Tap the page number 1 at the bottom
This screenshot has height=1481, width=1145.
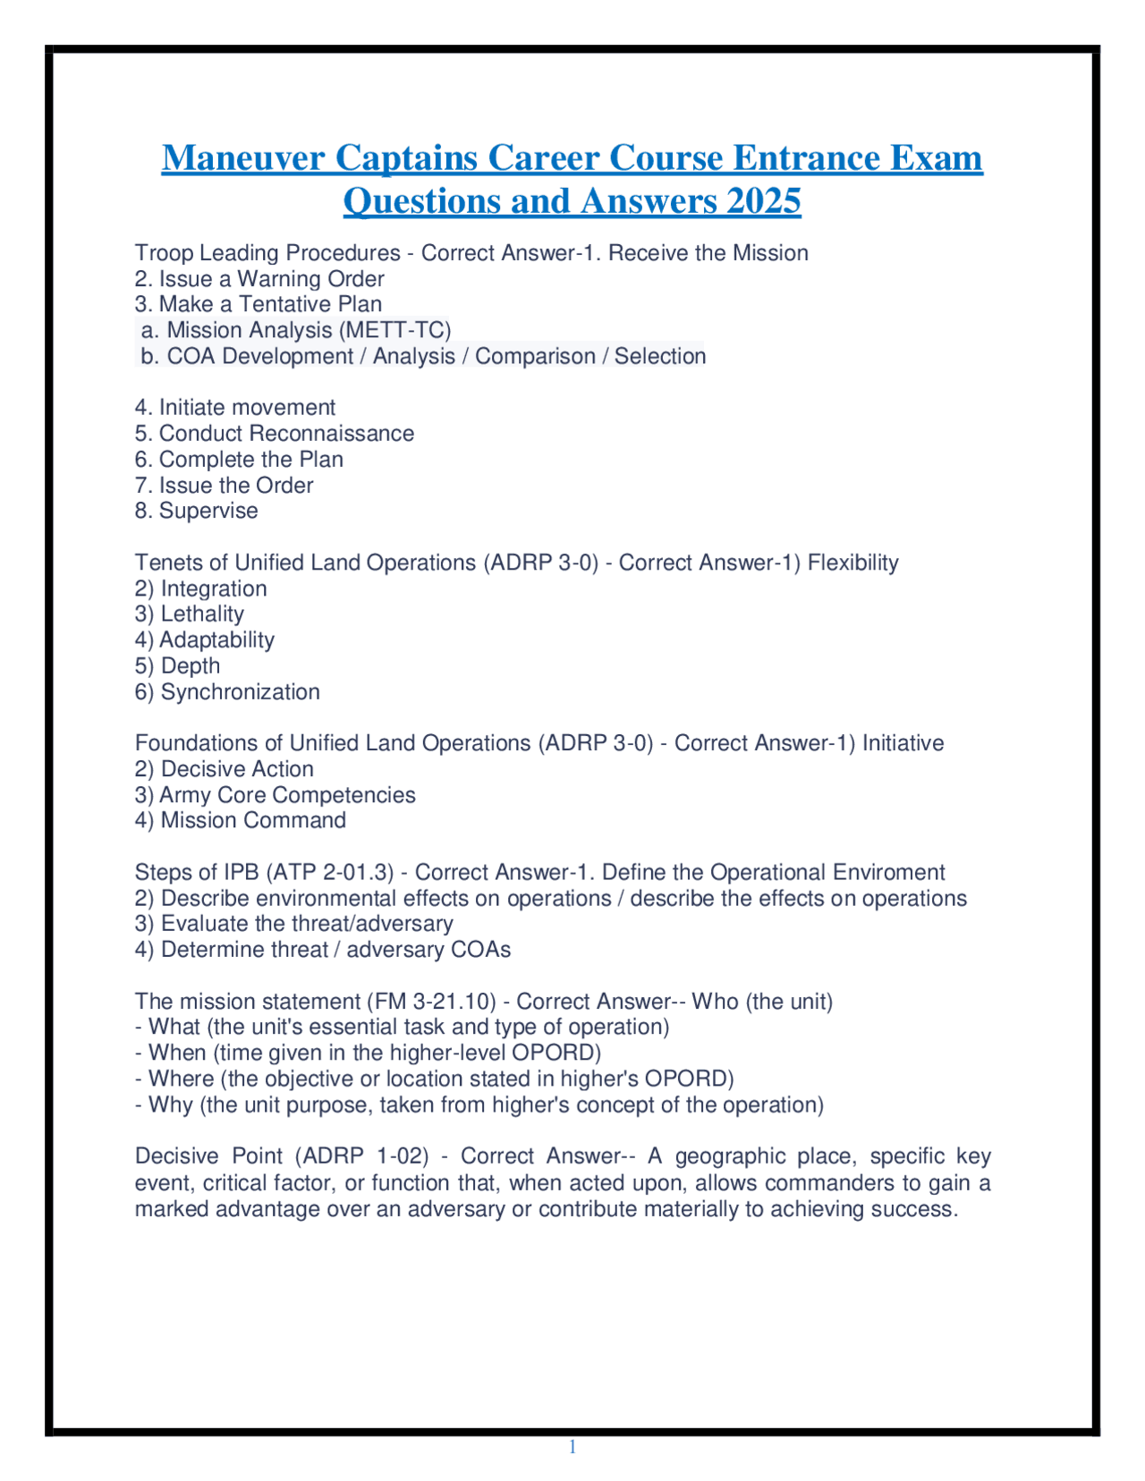click(x=572, y=1448)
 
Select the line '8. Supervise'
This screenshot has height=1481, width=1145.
click(x=196, y=511)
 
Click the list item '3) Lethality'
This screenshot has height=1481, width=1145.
click(x=189, y=614)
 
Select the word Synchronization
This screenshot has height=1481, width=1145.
click(x=240, y=692)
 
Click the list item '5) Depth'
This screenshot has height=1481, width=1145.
click(x=177, y=666)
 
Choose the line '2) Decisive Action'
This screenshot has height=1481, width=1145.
click(x=224, y=770)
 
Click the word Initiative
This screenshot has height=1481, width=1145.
click(x=903, y=744)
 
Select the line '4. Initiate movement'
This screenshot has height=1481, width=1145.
click(x=235, y=408)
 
